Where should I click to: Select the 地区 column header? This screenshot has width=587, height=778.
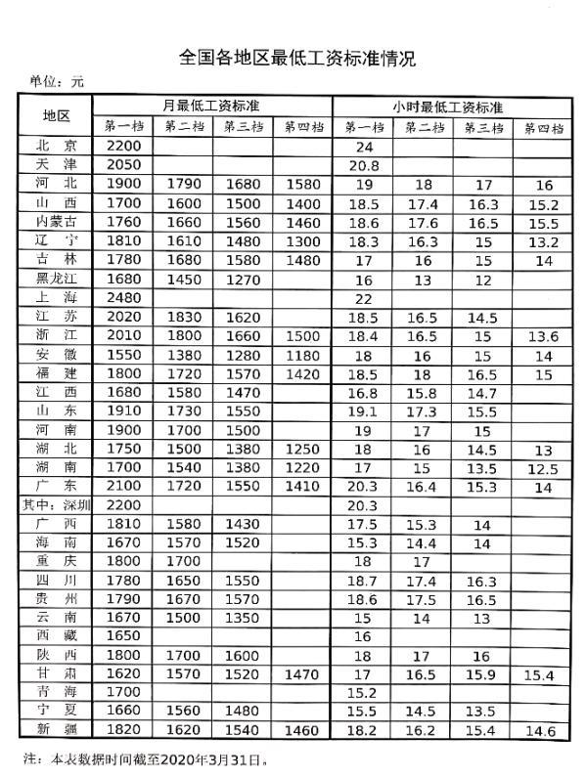click(57, 115)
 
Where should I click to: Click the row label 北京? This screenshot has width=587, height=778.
click(56, 147)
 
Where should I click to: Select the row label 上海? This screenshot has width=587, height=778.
click(56, 299)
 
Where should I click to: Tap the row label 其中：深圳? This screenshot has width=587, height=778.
click(57, 505)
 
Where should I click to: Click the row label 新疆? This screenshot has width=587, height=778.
click(56, 729)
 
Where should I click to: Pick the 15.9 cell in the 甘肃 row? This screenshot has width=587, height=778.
click(480, 675)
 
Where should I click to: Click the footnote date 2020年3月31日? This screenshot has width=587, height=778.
click(221, 758)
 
